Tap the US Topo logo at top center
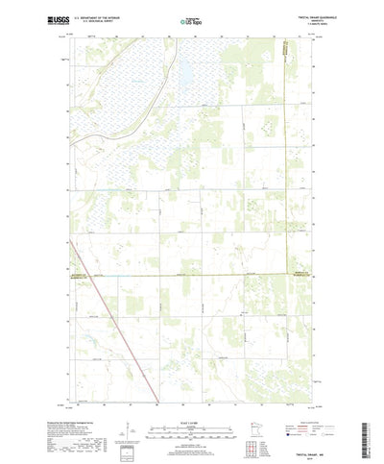point(191,19)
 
